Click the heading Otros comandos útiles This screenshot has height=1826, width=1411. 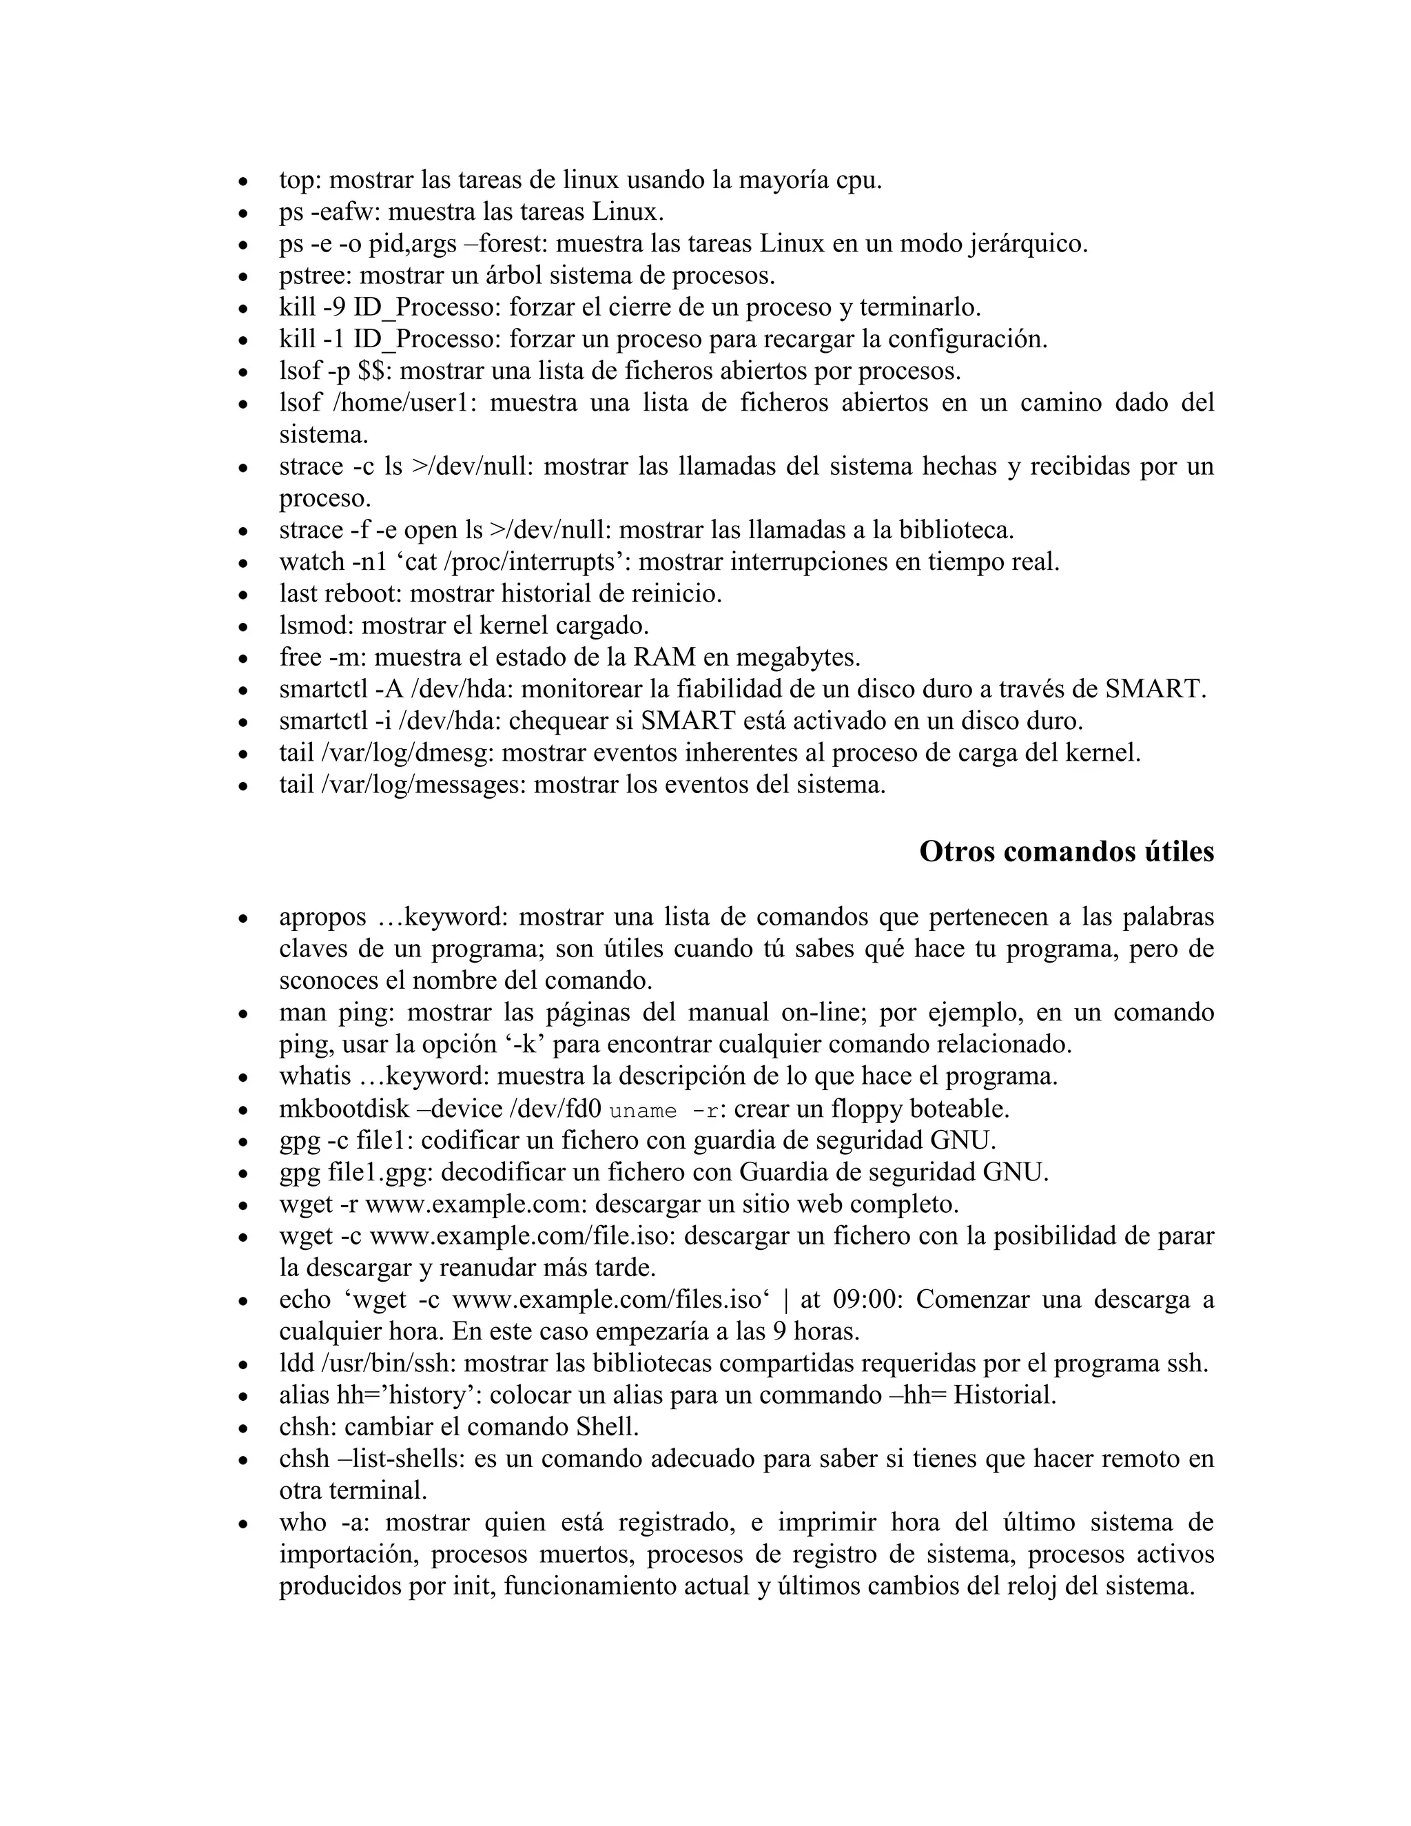tap(1066, 852)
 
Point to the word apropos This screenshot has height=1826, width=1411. tap(322, 917)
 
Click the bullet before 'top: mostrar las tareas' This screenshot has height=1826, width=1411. tap(243, 181)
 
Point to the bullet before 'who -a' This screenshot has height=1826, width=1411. tap(243, 1524)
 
